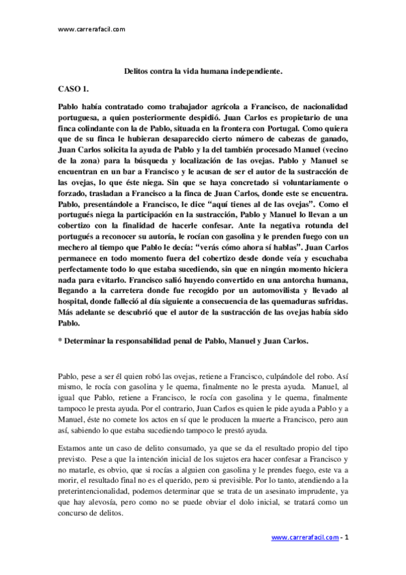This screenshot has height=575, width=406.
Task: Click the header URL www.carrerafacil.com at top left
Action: [x=92, y=29]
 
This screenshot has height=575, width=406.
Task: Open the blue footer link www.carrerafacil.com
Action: [x=305, y=537]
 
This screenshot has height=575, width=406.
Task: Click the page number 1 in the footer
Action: [x=346, y=537]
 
